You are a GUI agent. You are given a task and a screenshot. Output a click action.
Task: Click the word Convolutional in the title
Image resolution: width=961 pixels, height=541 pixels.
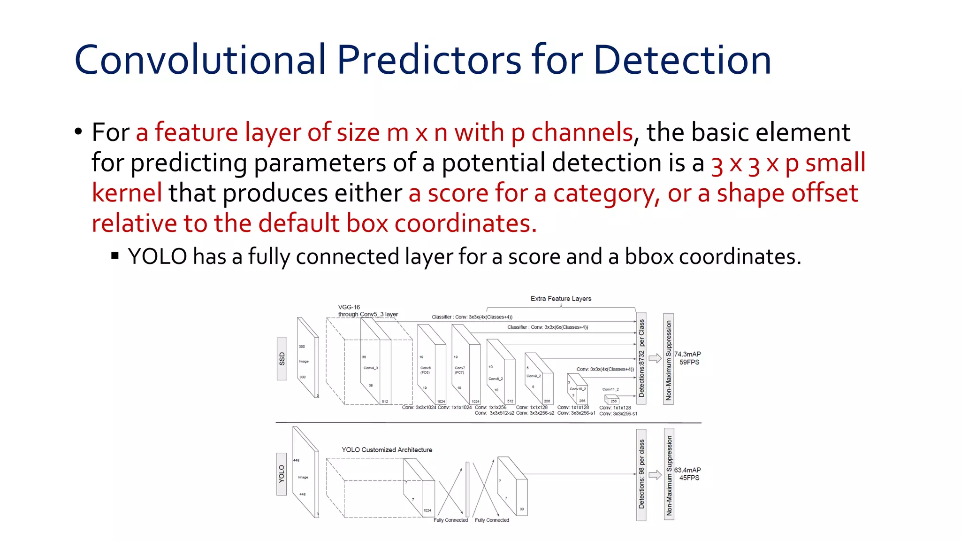point(199,60)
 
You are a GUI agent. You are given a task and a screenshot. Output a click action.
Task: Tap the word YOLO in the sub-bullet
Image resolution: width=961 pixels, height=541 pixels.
point(157,257)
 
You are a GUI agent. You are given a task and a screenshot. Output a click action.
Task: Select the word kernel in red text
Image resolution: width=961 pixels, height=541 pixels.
point(127,193)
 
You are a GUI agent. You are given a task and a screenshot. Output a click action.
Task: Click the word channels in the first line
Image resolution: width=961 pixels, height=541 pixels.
point(582,132)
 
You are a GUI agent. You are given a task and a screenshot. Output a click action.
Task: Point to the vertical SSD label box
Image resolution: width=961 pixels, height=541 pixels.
point(282,359)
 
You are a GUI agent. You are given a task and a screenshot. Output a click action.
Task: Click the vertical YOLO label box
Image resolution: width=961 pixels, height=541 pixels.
point(282,474)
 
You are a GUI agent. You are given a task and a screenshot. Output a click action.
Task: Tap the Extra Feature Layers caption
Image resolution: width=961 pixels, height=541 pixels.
point(561,299)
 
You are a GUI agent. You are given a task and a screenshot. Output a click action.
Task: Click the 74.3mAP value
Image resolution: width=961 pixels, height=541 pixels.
point(687,354)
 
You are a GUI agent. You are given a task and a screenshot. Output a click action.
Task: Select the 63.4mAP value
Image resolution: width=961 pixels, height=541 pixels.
point(687,470)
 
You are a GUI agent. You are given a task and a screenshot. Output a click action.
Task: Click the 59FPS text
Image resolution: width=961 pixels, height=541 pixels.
point(689,362)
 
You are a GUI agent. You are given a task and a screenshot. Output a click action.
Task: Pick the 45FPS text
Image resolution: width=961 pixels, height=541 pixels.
point(689,478)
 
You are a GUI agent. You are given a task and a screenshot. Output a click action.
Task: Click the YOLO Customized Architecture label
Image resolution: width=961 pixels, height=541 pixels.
point(387,450)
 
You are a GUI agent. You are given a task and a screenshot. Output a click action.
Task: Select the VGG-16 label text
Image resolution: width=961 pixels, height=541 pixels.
point(349,307)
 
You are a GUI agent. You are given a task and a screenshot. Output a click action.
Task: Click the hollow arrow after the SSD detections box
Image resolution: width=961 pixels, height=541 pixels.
point(655,359)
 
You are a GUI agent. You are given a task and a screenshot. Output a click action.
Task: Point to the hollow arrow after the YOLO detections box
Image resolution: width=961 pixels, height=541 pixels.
point(655,475)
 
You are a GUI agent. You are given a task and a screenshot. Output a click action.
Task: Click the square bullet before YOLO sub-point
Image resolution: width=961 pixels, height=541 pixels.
point(115,256)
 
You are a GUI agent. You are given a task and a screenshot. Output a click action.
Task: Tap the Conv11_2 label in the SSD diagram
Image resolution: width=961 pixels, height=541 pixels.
point(610,389)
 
